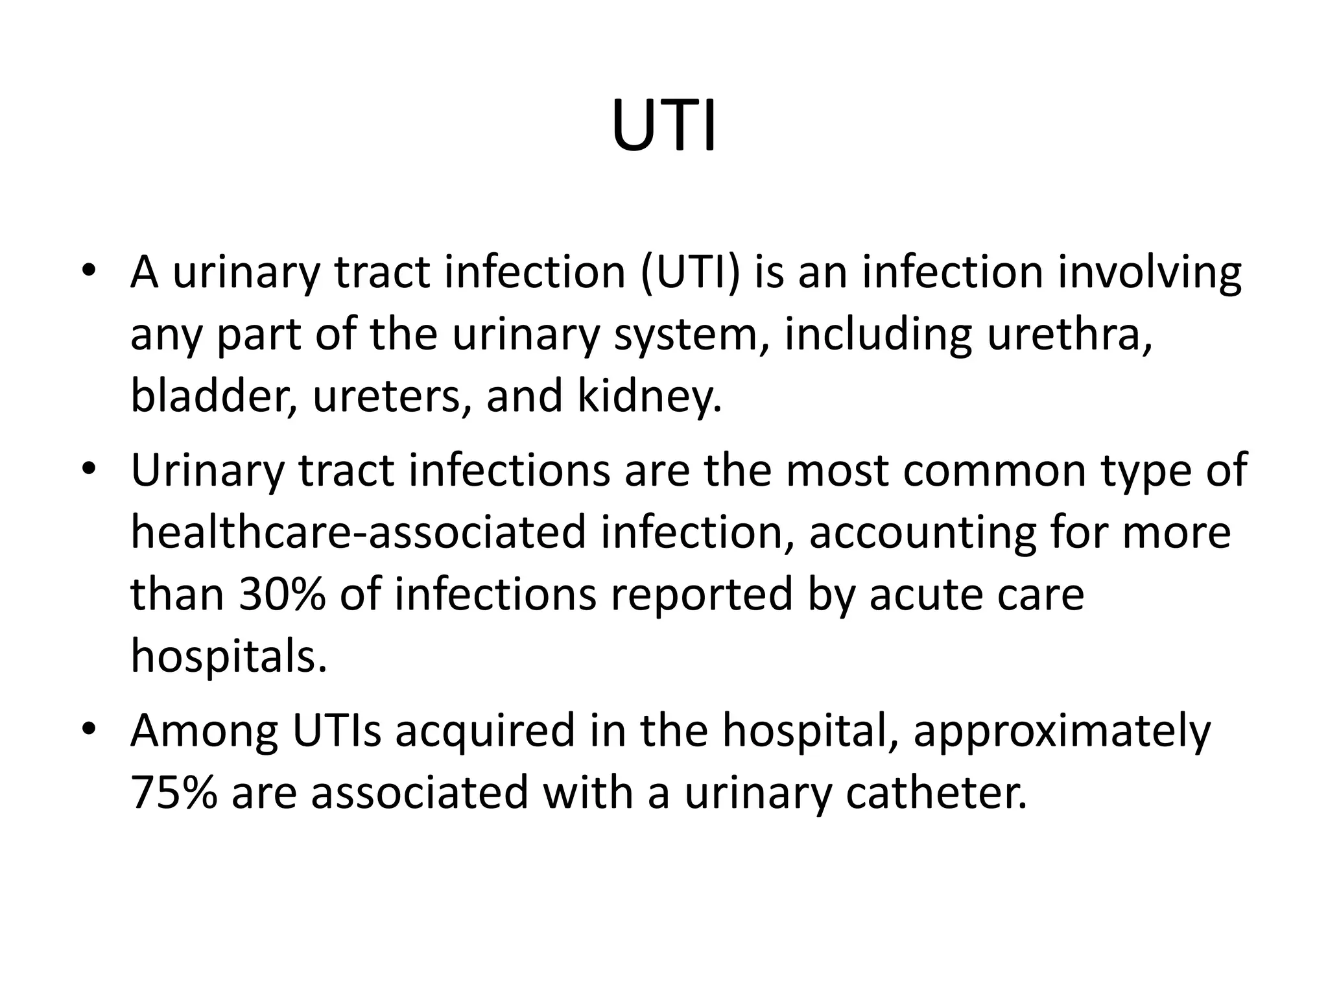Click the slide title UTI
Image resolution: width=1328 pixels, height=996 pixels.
663,127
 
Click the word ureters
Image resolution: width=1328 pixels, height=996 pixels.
392,396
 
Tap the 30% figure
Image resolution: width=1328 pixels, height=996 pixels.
281,595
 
